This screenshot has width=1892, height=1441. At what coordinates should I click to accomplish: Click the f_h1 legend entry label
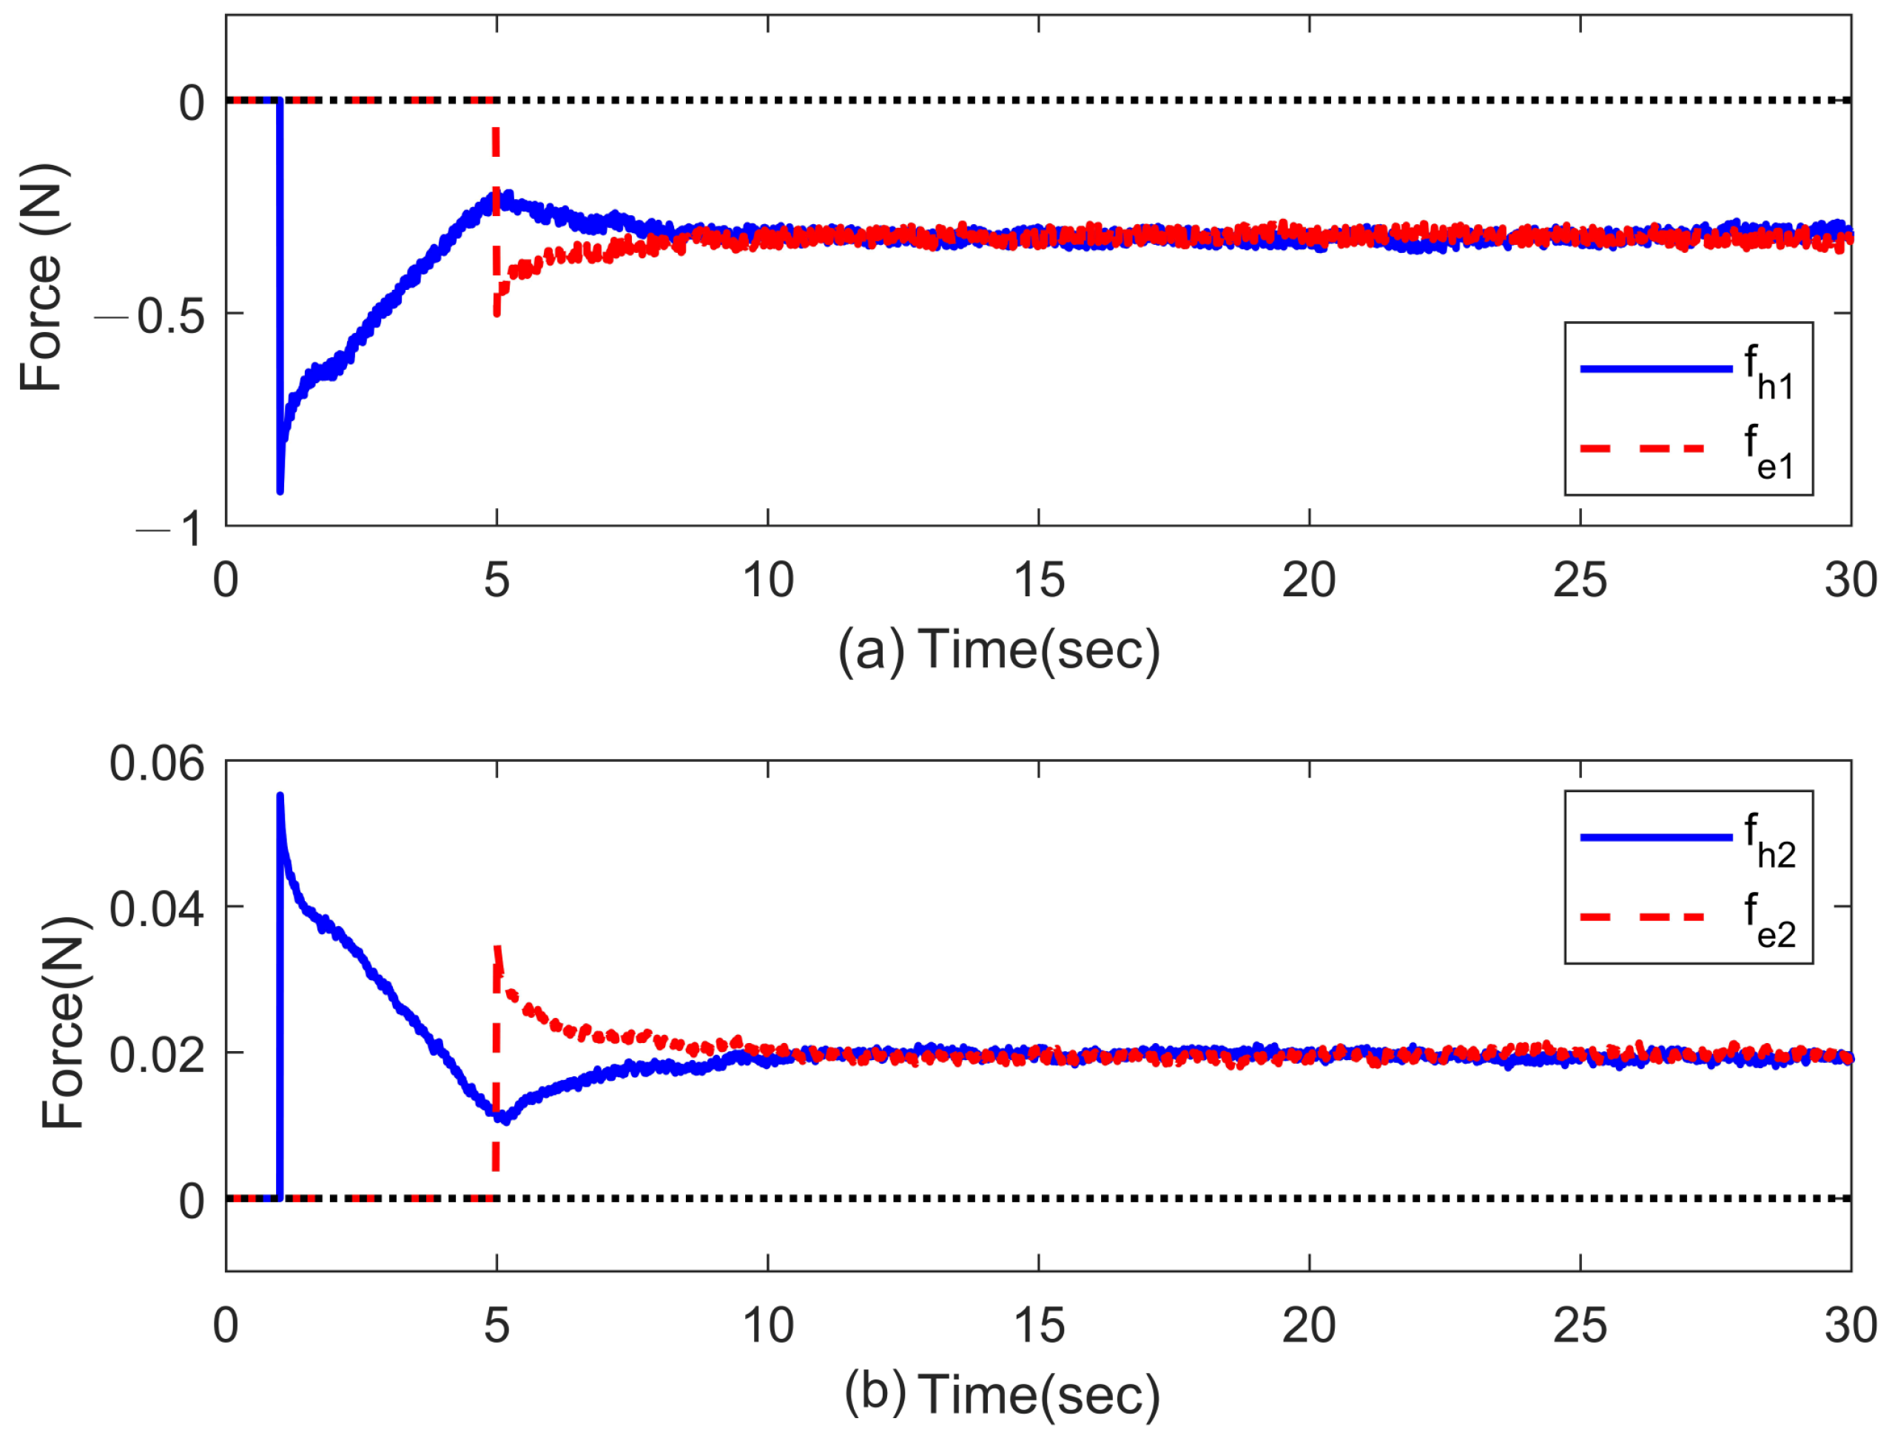pos(1768,373)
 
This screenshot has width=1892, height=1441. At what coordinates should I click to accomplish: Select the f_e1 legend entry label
pos(1768,453)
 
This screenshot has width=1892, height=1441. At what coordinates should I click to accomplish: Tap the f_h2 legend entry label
pos(1768,841)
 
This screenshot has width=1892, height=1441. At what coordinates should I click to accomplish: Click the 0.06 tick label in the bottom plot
pos(157,763)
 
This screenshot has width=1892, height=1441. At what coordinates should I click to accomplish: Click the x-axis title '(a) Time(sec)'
pos(999,649)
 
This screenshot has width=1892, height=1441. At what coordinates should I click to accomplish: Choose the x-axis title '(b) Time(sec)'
pos(1001,1394)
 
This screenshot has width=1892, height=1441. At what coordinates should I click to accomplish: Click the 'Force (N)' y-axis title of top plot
pos(43,277)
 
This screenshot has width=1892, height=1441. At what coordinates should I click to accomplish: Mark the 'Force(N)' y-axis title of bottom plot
pos(64,1022)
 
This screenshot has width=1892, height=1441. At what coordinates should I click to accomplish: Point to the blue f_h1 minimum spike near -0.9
pos(280,489)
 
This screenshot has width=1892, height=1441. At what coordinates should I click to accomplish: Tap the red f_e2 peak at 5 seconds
pos(496,948)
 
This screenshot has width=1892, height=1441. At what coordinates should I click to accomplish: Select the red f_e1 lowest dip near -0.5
pos(496,312)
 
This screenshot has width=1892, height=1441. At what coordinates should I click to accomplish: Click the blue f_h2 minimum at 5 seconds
pos(505,1119)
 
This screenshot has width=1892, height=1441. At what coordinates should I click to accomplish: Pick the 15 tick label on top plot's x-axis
pos(1038,581)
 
